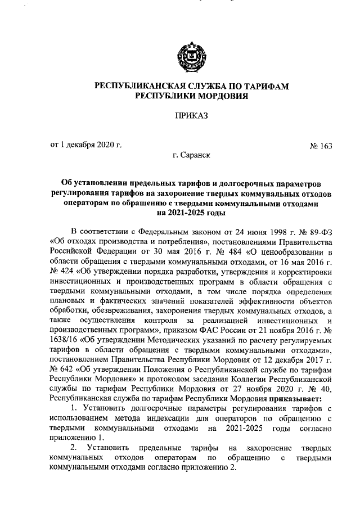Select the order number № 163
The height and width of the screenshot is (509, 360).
(321, 146)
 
